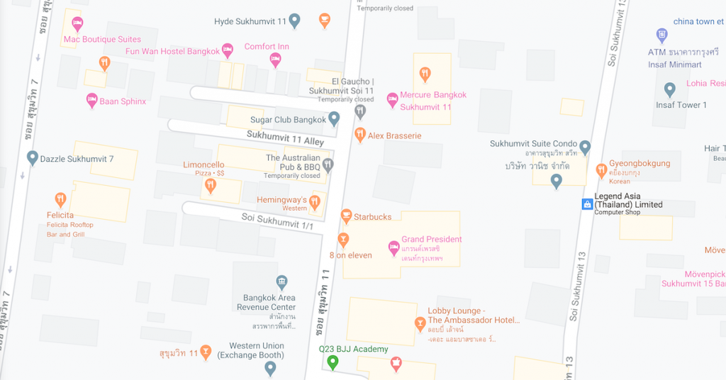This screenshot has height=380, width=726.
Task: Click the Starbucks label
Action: (372, 217)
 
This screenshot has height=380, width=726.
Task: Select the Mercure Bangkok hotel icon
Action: (392, 100)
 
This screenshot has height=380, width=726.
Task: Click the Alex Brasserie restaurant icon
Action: (360, 135)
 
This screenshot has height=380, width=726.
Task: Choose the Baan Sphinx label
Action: (123, 101)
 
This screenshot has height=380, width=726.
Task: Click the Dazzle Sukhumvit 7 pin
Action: (32, 158)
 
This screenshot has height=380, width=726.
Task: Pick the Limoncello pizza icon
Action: (210, 186)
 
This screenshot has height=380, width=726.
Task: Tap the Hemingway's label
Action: (281, 200)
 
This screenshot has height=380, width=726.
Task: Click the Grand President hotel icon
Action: (393, 248)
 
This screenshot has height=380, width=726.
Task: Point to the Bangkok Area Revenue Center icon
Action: (281, 282)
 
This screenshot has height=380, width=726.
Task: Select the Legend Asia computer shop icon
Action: (586, 204)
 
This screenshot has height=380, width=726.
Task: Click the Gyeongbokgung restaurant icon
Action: (602, 169)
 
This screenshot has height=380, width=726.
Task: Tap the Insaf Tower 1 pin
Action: (669, 90)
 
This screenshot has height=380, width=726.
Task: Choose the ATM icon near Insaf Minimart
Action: (661, 35)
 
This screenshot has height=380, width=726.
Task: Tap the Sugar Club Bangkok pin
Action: (334, 119)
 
